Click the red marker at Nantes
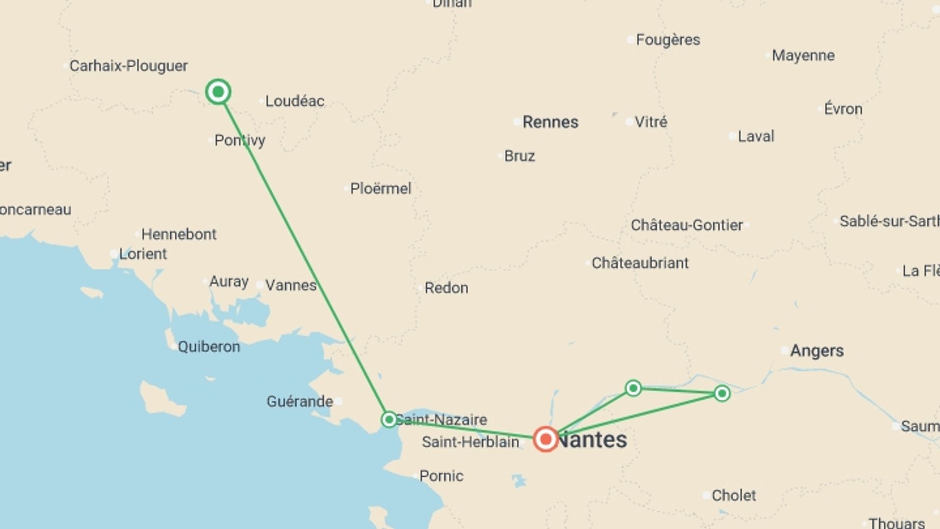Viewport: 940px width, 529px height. coord(545,439)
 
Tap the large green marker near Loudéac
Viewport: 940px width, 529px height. coord(218,92)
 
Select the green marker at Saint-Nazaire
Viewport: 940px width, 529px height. coord(389,419)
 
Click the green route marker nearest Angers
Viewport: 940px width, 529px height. coord(722,393)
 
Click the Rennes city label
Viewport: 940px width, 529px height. coord(550,122)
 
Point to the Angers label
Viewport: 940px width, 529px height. coord(817,351)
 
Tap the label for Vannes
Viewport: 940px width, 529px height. coord(291,285)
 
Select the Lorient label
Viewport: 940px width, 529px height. coord(143,254)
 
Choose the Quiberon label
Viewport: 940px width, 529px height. coord(209,347)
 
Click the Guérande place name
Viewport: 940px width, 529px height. coord(300,402)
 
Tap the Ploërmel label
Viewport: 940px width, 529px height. coord(380,189)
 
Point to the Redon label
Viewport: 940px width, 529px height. coord(446,288)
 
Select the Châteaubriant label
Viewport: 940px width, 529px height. coord(640,263)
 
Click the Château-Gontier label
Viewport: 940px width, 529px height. coord(686,225)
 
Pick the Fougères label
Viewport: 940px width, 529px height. coord(668,40)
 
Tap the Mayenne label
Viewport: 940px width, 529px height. coord(803,55)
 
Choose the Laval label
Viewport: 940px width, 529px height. coord(756,136)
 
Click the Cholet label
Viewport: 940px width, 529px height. coord(733,496)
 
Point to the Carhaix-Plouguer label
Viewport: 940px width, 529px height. coord(128,66)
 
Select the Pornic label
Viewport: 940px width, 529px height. coord(441,476)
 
